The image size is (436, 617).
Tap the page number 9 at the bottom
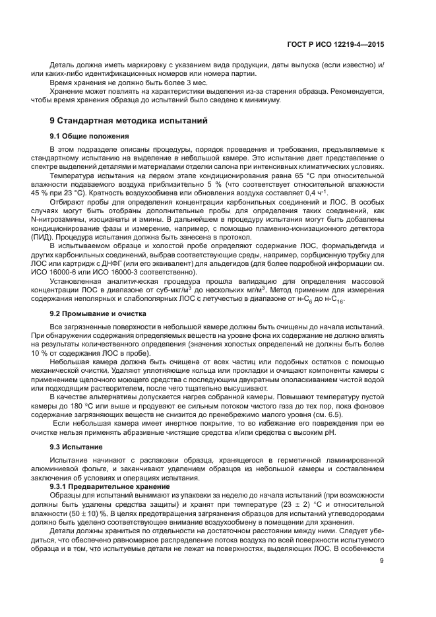(382, 562)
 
